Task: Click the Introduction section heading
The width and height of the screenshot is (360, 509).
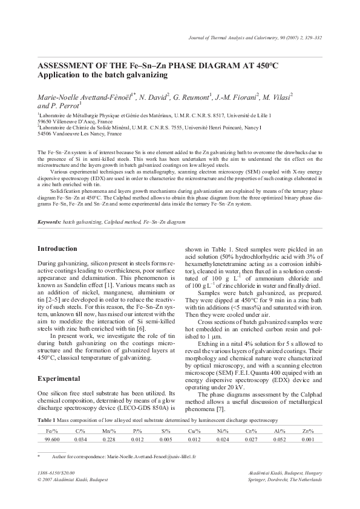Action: (x=57, y=248)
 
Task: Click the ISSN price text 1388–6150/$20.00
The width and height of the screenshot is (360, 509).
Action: (x=56, y=472)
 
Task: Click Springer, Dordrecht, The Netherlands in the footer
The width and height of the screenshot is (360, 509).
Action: (x=283, y=479)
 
